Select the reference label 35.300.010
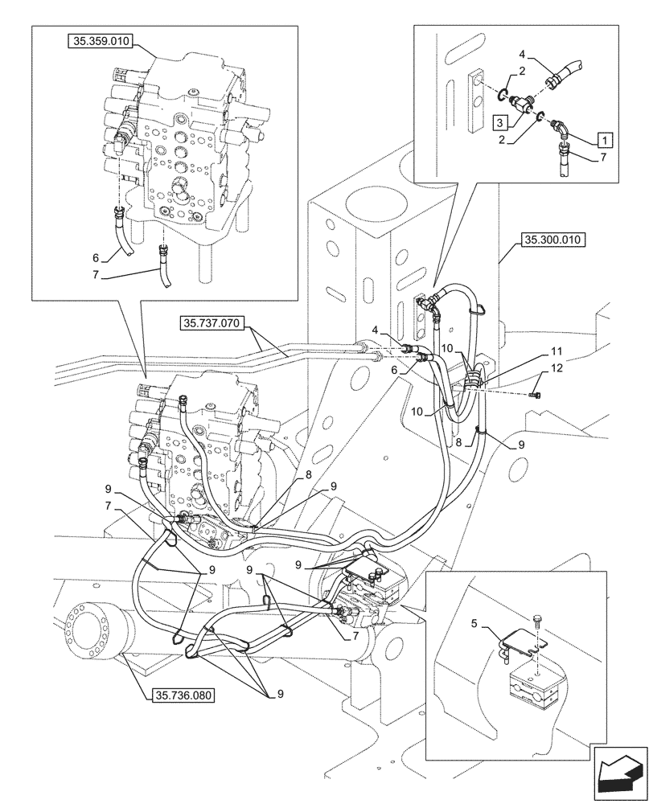coord(555,240)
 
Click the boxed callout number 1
coord(604,138)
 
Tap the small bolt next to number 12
coord(538,394)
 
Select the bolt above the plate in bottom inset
coord(538,621)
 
